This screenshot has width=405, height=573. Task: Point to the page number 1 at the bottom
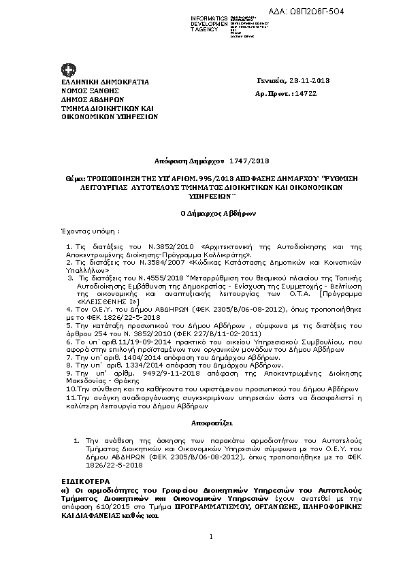click(x=212, y=538)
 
